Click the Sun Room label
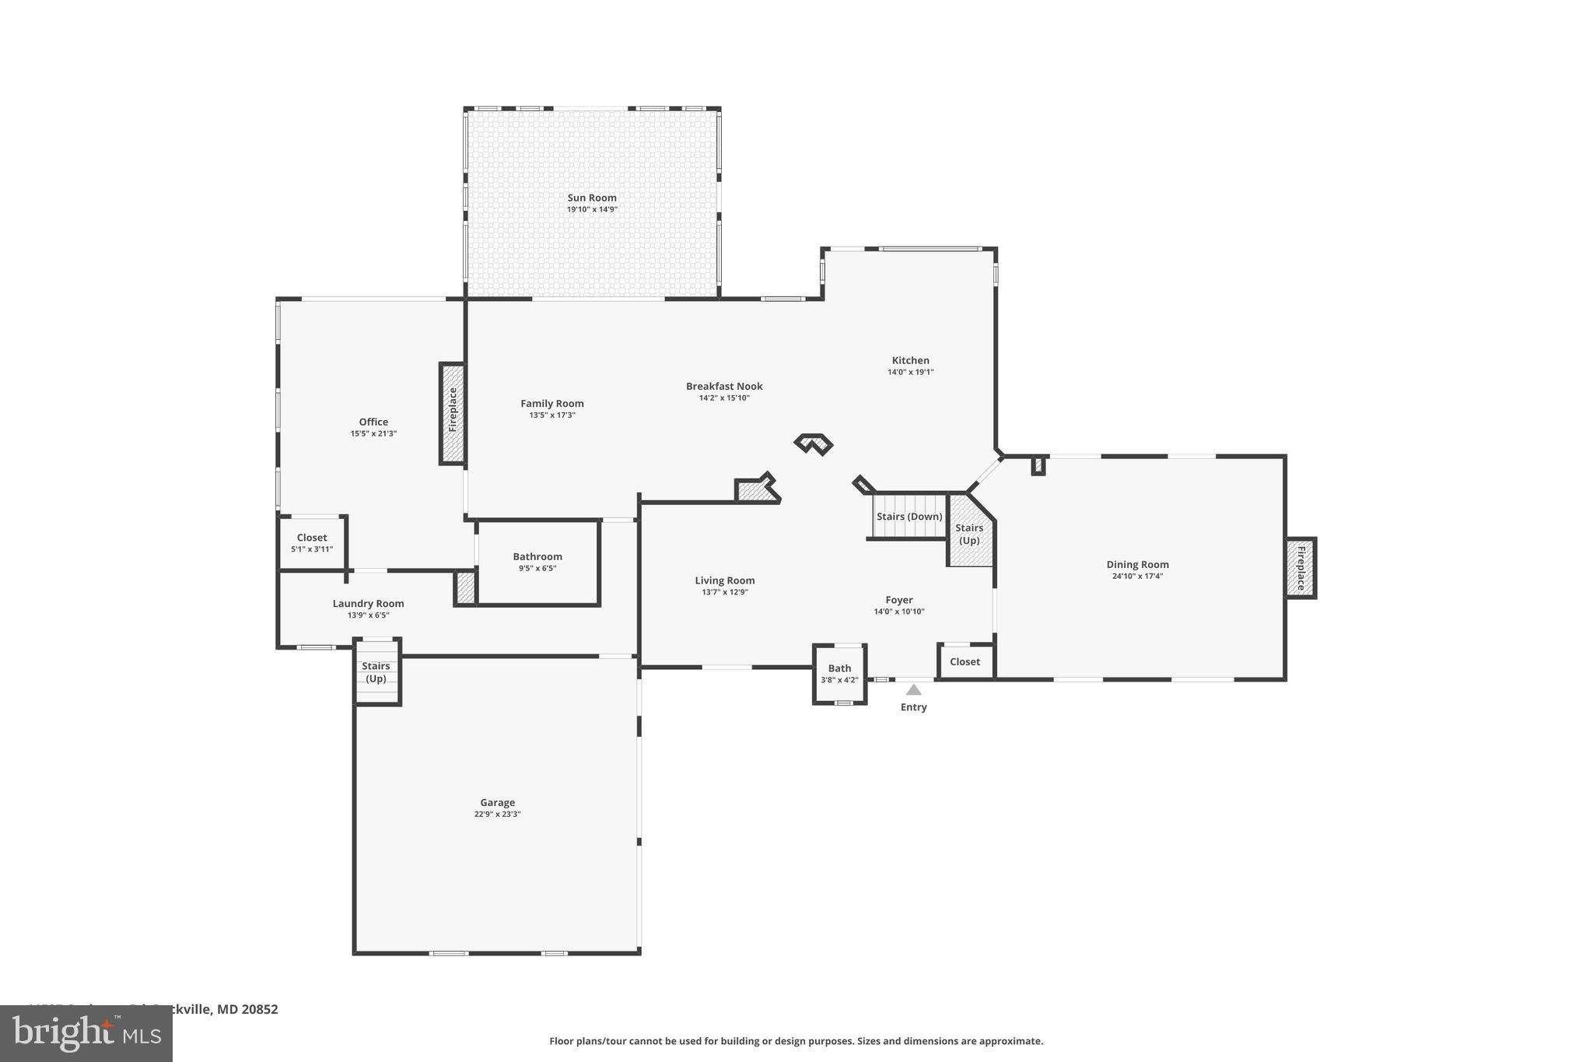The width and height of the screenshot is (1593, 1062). tap(591, 198)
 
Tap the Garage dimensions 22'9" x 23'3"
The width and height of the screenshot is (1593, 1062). tap(497, 815)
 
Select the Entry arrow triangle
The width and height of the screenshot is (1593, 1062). tap(913, 690)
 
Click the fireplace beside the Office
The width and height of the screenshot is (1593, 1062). tap(453, 413)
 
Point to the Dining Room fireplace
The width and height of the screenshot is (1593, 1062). tap(1300, 568)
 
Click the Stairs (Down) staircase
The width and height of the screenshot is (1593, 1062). tap(909, 517)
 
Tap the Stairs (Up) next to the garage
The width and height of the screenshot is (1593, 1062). tap(376, 672)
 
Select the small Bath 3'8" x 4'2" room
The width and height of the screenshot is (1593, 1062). tap(839, 674)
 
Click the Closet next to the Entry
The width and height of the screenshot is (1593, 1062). tap(965, 662)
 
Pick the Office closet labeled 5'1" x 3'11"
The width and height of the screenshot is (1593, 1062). tap(312, 543)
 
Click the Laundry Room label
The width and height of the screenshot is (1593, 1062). tap(368, 604)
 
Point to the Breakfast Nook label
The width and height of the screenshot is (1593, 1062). tap(723, 387)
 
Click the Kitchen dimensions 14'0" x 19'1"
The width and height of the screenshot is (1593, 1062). tap(910, 373)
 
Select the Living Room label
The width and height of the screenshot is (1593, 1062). tap(724, 580)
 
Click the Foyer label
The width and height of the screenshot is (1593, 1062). tap(898, 600)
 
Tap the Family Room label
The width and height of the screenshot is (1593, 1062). tap(551, 404)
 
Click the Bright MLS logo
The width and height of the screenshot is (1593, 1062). tap(86, 1033)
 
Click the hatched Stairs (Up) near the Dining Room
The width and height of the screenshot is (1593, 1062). tap(970, 534)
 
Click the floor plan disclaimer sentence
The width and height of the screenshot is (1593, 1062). tap(796, 1041)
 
